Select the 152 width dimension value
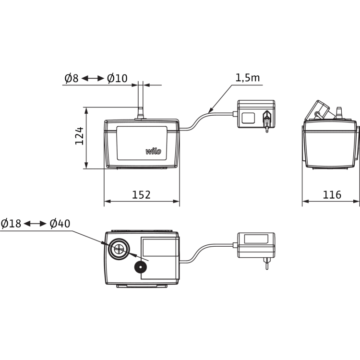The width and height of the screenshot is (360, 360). tap(142, 194)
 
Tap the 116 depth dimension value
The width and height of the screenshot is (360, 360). tap(331, 194)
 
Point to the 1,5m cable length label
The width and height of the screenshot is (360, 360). tap(248, 78)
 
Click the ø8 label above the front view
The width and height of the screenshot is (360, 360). tap(71, 77)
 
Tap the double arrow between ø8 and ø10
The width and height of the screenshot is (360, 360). tap(92, 77)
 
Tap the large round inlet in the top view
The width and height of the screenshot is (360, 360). tap(118, 248)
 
